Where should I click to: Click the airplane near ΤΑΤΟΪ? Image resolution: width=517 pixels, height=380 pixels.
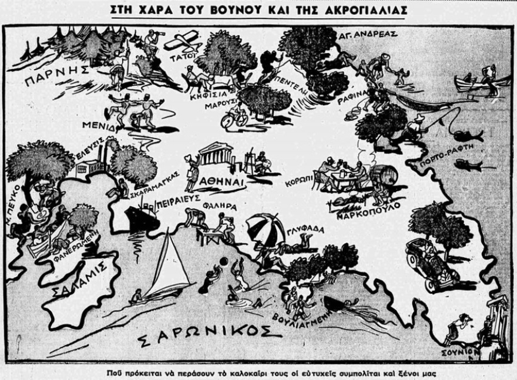click(182, 42)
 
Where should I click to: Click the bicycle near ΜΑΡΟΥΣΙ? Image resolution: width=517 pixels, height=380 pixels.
click(230, 120)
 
